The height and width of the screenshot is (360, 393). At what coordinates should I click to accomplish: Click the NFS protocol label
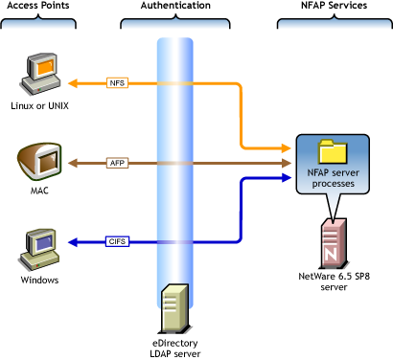tap(117, 82)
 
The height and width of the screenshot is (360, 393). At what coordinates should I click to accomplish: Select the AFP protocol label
tap(117, 163)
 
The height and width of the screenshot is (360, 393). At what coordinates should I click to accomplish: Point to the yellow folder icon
tap(331, 150)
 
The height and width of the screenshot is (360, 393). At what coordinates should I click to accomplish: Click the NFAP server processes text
tap(331, 176)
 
